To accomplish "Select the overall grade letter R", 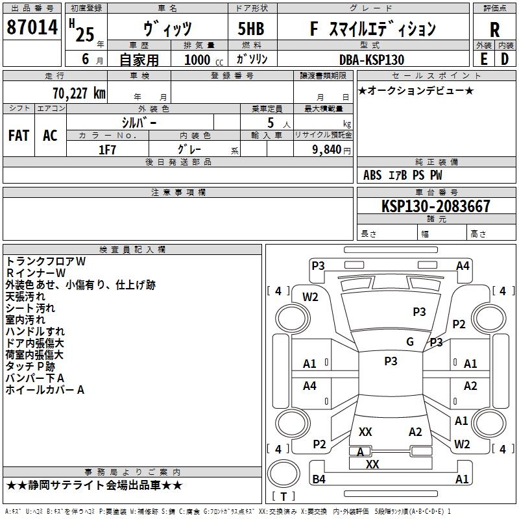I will (494, 29).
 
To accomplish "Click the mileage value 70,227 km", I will (75, 93).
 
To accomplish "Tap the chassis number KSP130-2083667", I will (436, 206).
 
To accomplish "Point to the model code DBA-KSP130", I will (371, 60).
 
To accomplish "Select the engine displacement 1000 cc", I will (202, 60).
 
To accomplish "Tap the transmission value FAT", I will (19, 136).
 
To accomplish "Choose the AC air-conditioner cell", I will (50, 136).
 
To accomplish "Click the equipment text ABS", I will (372, 175).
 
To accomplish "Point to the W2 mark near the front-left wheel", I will (311, 297).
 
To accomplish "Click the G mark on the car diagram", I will (410, 342).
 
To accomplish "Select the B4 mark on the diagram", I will (319, 479).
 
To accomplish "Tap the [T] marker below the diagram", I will (284, 496).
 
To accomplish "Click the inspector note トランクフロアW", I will (45, 261).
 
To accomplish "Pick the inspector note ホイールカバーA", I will (45, 390).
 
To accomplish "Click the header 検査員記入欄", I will (132, 249).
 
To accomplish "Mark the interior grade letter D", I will (504, 58).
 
